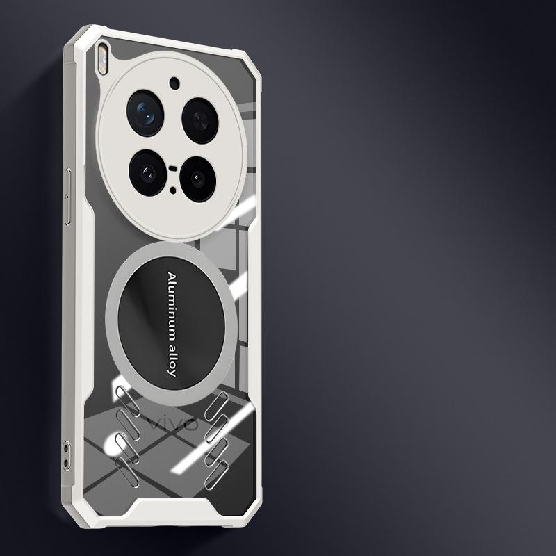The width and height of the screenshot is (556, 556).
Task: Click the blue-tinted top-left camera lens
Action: (145, 113)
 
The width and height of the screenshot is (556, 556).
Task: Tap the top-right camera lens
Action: (200, 121)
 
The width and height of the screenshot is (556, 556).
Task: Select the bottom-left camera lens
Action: (147, 172)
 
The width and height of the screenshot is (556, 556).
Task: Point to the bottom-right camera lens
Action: (198, 179)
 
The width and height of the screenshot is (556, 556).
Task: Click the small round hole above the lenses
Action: (174, 83)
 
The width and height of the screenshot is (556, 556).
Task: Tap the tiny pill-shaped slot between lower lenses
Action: (172, 168)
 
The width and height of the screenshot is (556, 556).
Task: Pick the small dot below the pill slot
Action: (173, 190)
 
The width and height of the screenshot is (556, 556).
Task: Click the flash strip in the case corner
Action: (102, 59)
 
